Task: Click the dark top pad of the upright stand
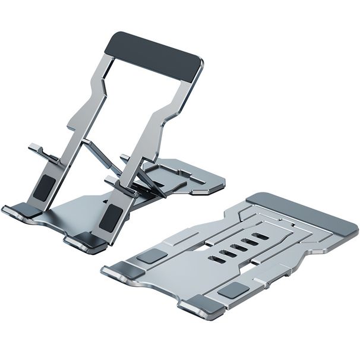coord(153,57)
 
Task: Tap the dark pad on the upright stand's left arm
coord(43,188)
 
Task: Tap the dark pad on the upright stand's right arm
coord(109,217)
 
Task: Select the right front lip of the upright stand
coord(83,242)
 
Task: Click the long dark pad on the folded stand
coord(302,213)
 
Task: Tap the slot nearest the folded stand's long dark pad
coord(260,236)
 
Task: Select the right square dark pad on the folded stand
coord(233,290)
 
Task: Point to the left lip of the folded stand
coord(116,273)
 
